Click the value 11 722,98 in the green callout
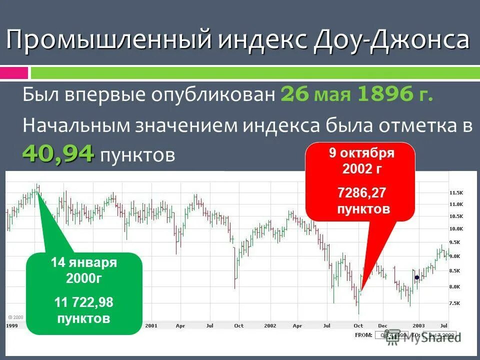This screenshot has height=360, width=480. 84,302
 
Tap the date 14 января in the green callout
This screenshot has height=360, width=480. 84,263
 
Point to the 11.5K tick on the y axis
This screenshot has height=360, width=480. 456,192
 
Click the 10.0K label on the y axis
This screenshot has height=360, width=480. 456,229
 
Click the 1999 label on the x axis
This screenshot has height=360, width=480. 12,325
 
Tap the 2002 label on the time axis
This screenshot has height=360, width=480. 270,325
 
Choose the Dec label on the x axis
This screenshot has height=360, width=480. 382,325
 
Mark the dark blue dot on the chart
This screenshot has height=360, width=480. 416,277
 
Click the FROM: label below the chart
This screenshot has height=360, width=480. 362,334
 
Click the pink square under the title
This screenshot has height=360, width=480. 14,73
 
